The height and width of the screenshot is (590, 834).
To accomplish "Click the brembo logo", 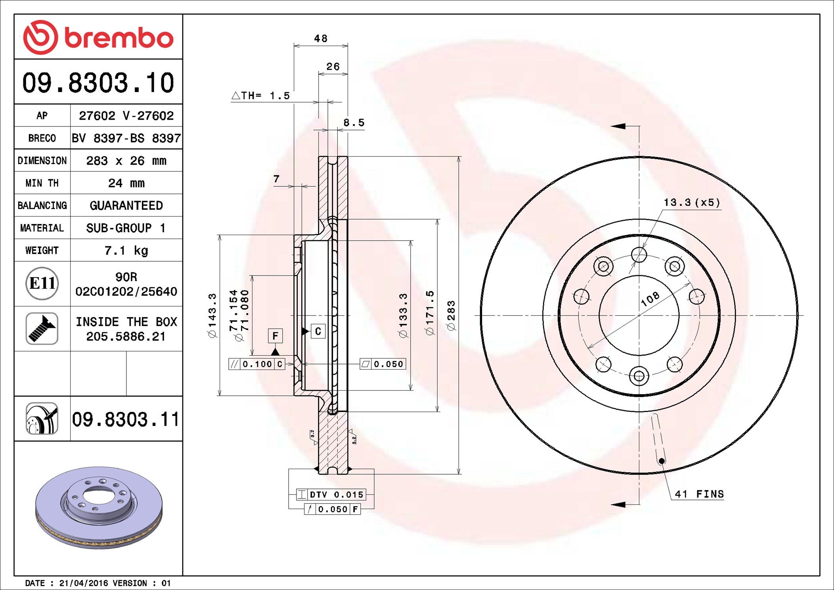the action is pyautogui.click(x=98, y=37).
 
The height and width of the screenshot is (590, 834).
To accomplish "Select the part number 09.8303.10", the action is pyautogui.click(x=98, y=83).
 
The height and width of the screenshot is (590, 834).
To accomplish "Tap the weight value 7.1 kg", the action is pyautogui.click(x=126, y=251).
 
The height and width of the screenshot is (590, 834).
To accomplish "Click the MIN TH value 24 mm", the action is pyautogui.click(x=126, y=183).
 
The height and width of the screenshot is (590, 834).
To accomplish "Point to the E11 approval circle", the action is pyautogui.click(x=42, y=284).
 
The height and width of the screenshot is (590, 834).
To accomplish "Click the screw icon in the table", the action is pyautogui.click(x=42, y=328).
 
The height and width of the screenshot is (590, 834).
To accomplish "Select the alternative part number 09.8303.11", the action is pyautogui.click(x=126, y=419).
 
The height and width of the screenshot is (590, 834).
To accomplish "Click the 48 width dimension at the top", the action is pyautogui.click(x=321, y=38).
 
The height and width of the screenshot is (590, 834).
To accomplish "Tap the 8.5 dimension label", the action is pyautogui.click(x=354, y=123).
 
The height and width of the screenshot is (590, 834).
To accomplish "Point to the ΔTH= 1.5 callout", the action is pyautogui.click(x=260, y=96).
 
